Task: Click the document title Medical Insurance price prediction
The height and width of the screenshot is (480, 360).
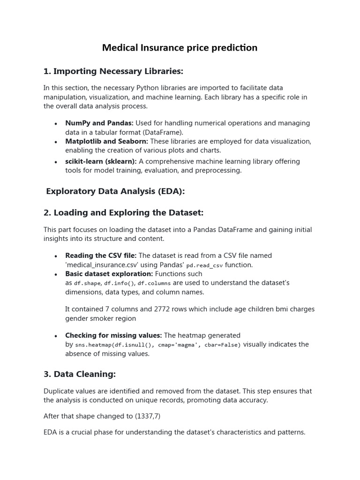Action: [x=180, y=48]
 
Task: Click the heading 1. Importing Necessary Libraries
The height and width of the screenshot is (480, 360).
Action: [x=113, y=71]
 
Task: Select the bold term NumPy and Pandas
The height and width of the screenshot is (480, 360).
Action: [x=99, y=123]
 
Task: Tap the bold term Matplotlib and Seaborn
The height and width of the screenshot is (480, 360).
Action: [x=106, y=141]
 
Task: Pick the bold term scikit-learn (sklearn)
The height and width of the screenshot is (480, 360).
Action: [x=101, y=161]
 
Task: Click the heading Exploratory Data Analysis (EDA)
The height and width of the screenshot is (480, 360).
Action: [x=115, y=191]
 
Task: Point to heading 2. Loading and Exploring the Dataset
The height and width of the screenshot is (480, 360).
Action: [x=123, y=213]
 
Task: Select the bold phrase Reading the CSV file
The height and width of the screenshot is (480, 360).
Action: [x=101, y=255]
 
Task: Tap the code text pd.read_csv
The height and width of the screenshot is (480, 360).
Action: [x=204, y=265]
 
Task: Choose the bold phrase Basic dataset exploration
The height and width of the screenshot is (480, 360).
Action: [x=109, y=274]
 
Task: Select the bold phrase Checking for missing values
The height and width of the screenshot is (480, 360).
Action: [x=113, y=335]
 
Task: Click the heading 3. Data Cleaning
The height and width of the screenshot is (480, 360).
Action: [x=79, y=374]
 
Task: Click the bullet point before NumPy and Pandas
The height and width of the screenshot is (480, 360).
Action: [x=56, y=123]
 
